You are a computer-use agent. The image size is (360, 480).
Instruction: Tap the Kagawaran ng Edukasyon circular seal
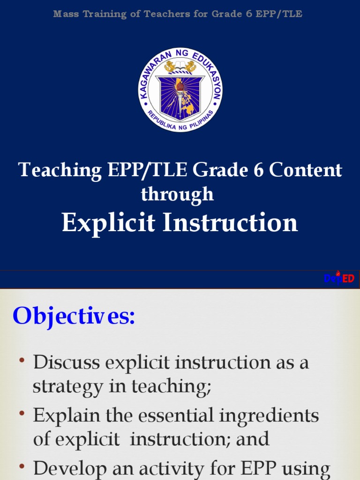tap(180, 90)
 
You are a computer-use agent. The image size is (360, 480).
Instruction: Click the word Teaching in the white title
tap(60, 170)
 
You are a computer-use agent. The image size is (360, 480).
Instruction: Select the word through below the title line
tap(177, 194)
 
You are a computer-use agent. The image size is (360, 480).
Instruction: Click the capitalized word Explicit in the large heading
tap(108, 223)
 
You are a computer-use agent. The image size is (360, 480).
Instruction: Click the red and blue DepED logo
tap(339, 278)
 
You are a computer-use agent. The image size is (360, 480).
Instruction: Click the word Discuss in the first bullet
tap(67, 362)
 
